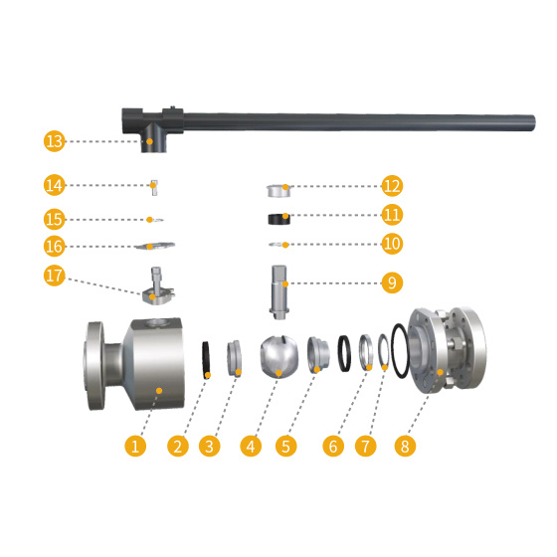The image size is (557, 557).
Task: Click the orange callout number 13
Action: coord(55,141)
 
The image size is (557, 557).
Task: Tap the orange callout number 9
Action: coord(392,282)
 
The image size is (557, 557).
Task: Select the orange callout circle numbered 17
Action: coord(55,276)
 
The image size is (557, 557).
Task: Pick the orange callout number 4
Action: coord(251,446)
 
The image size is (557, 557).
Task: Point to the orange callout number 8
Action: coord(405,446)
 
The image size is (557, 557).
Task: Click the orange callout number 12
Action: coord(392,186)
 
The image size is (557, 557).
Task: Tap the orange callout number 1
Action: coord(135,446)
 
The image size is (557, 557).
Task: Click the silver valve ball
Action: coord(279,356)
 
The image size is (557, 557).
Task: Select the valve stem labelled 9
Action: coord(279,292)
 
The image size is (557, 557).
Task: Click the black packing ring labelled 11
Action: coord(278,219)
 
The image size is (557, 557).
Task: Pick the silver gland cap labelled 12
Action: coord(278,191)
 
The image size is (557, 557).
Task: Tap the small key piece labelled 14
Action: coord(154,188)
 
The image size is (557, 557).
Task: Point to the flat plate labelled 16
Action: coord(155,246)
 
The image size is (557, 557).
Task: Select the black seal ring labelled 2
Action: coord(206,360)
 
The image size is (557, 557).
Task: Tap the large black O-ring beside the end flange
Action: coord(400,350)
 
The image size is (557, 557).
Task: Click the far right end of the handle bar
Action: coord(534,123)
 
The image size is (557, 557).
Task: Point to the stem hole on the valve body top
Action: coord(158,322)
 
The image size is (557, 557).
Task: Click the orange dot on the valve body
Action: coord(159,391)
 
